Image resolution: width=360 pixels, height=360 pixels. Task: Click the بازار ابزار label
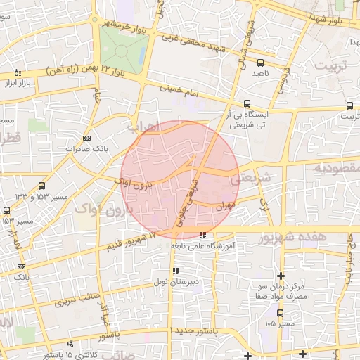point(20,84)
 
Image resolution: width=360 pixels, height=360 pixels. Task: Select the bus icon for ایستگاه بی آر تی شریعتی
point(247,103)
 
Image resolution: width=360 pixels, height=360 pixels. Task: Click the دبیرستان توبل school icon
point(176,271)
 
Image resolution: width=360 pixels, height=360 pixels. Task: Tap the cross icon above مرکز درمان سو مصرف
point(281,275)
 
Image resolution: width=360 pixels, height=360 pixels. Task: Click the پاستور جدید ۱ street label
point(194,330)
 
